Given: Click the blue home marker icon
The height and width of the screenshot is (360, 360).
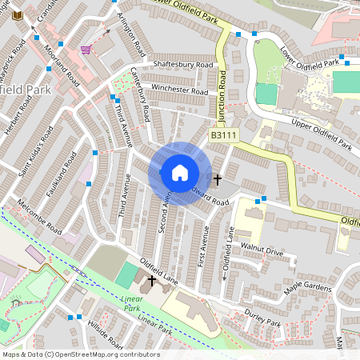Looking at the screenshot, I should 180,173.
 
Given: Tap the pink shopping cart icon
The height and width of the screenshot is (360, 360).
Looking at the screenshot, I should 85,50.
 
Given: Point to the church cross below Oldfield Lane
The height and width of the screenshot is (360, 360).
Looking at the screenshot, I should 150,280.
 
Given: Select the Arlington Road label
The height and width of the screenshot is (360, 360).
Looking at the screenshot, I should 129,32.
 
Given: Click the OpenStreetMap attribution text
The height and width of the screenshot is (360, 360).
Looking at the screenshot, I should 80,354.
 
